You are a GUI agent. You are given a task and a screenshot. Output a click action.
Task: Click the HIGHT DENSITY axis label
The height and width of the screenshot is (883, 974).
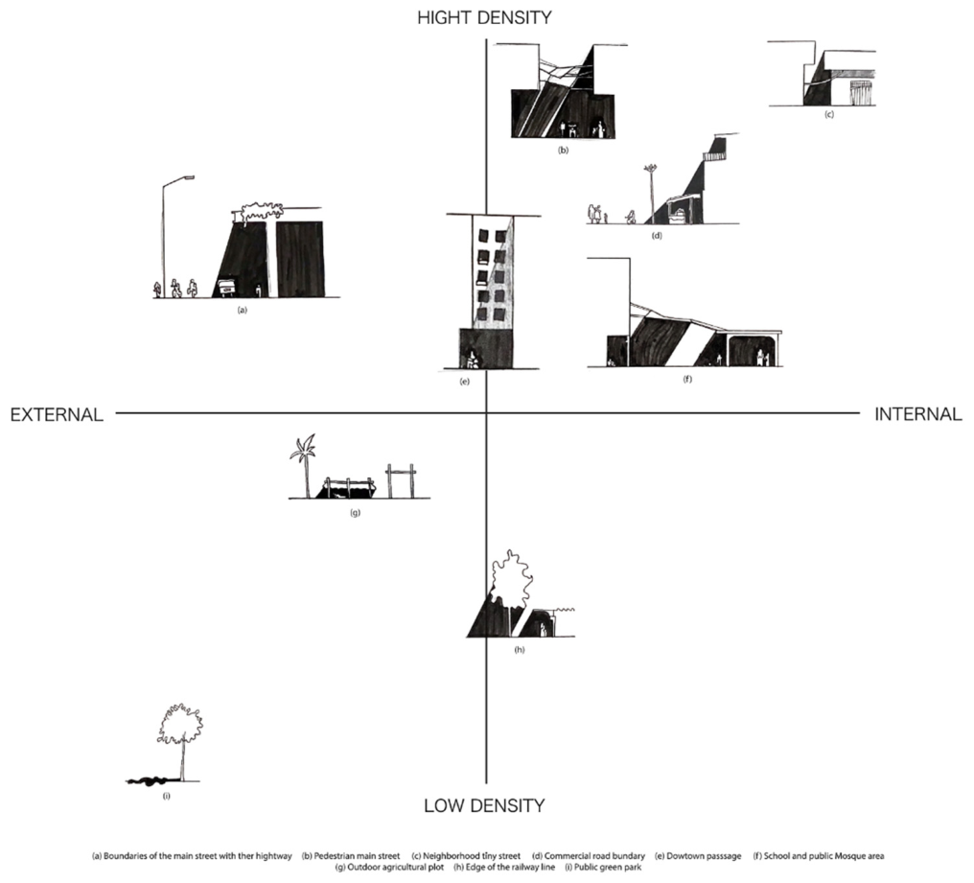coord(484,17)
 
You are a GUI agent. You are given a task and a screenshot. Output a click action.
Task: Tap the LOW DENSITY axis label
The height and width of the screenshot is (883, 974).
coord(484,806)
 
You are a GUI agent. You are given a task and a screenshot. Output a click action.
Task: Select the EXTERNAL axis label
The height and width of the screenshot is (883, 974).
coord(57,414)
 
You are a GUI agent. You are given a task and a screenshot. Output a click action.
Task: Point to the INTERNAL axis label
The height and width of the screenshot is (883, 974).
coord(918,414)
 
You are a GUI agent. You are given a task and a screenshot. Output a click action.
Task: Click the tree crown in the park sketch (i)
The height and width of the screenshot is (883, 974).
coord(181,724)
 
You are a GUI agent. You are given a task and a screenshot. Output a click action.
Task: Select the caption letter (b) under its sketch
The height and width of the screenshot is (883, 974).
coord(564,150)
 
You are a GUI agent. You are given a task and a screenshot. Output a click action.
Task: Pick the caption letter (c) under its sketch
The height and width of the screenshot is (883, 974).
coord(828,114)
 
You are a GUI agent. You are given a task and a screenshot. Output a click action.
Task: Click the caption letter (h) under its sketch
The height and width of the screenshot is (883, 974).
coord(520,650)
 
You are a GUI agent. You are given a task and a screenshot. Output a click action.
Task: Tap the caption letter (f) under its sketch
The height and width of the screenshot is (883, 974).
coord(687,379)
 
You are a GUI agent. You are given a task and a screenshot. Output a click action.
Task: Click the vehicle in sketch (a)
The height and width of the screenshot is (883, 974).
coord(226,289)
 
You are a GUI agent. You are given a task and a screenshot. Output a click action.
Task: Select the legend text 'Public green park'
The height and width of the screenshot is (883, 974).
coord(608,867)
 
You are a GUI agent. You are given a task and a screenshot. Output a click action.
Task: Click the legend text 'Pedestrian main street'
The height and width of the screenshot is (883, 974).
coord(358,855)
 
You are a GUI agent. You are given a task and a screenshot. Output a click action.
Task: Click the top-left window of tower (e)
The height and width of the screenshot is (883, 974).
coord(484,237)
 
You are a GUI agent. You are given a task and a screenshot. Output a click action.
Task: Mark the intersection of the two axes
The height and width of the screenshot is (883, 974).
coord(486,412)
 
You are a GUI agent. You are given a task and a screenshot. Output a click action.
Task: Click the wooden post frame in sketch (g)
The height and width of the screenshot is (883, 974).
coord(402,479)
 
